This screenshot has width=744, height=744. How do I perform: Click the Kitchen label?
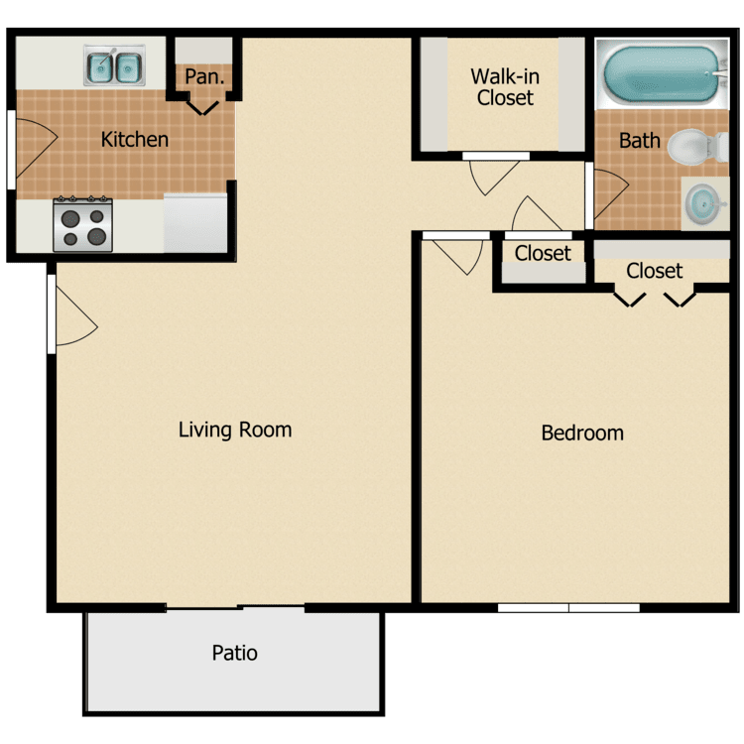pos(135,140)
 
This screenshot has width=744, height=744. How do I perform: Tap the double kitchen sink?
pos(115,67)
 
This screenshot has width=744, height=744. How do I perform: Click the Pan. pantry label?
pos(205,76)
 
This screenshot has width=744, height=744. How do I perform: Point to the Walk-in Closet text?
pos(505,86)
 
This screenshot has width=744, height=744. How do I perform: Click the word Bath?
pos(639,140)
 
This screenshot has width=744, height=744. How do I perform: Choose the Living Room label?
pos(235,430)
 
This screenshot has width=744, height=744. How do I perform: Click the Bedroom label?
pos(582,433)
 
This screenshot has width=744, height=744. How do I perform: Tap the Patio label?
pos(235,653)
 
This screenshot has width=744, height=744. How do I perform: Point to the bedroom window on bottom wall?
pos(568,607)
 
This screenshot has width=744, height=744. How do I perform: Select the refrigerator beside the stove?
pos(195,223)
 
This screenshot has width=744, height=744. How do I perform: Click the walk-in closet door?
pos(491,171)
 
